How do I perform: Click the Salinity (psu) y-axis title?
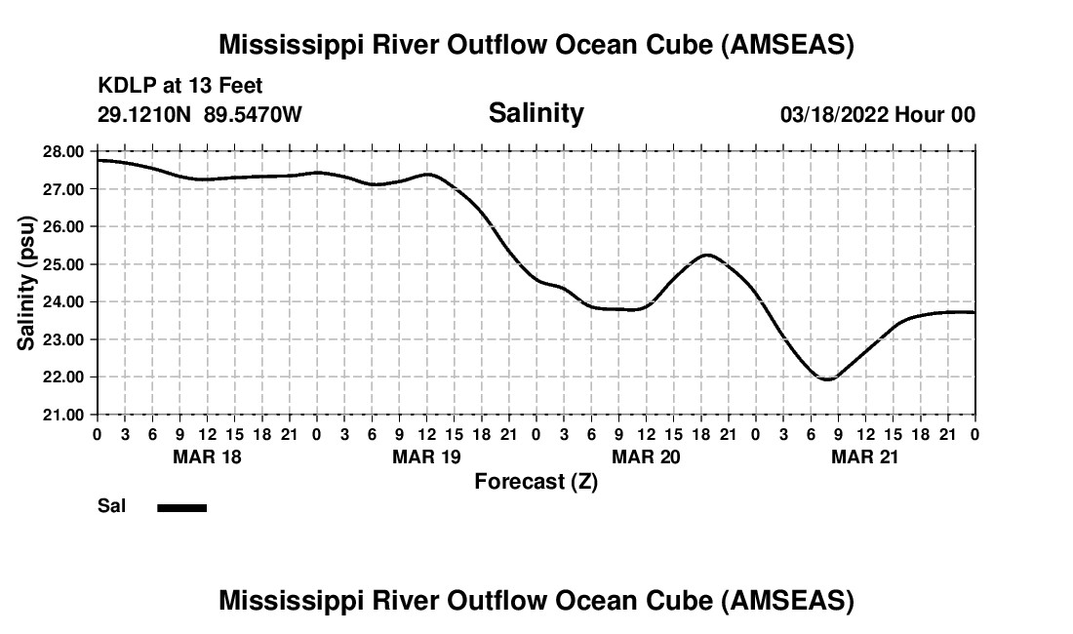pos(26,282)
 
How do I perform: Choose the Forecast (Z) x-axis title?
pos(536,481)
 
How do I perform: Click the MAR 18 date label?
pos(207,456)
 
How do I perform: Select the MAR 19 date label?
pos(426,456)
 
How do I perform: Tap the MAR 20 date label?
pos(646,456)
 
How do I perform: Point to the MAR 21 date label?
pos(865,456)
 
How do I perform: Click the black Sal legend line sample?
pos(181,507)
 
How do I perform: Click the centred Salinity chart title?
pos(536,113)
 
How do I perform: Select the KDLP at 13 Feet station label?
pos(180,87)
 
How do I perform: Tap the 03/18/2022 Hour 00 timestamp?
pos(877,115)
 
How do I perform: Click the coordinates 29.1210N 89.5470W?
pos(200,115)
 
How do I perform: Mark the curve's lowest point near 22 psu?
pos(827,379)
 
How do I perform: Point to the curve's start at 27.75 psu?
pos(99,160)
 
